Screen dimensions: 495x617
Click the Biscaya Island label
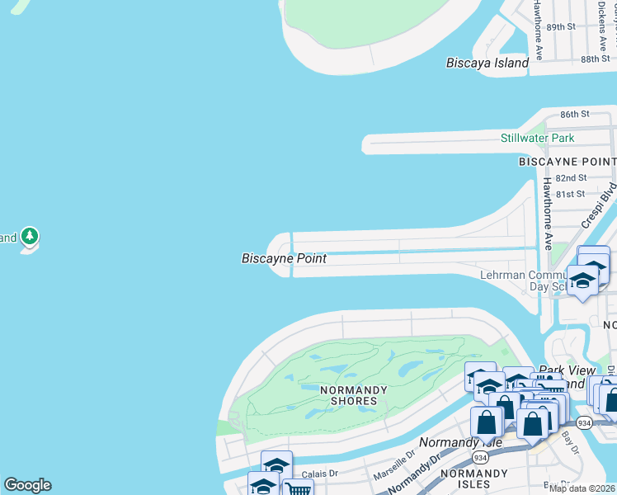tap(487, 63)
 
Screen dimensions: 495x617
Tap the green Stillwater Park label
tap(537, 138)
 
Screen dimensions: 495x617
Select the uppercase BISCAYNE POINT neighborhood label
tap(567, 162)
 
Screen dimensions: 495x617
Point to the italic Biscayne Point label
tap(284, 258)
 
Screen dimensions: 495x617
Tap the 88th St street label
tap(594, 59)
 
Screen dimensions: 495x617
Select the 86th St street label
tap(576, 113)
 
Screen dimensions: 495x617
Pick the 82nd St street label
tap(571, 177)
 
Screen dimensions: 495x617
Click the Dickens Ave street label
tap(610, 25)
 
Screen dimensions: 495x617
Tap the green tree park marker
tap(31, 238)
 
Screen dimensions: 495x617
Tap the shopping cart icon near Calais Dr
tap(297, 490)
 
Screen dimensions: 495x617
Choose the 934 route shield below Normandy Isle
tap(479, 456)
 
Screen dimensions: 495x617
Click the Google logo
tap(27, 485)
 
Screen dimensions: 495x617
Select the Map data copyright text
tap(582, 488)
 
